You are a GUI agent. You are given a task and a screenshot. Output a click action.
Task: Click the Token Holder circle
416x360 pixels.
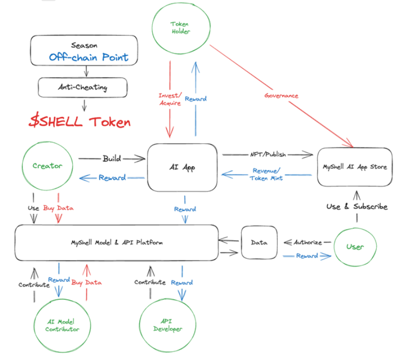coord(180,28)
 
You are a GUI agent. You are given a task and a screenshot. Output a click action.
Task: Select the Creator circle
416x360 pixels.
coord(47,166)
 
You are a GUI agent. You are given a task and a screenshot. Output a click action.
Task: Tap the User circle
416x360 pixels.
coord(355,246)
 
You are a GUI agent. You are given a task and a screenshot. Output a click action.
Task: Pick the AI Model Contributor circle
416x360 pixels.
coord(62,325)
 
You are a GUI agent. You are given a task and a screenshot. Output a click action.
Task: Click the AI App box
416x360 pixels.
coord(182,167)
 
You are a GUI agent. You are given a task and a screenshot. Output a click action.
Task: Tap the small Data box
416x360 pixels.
coord(259,242)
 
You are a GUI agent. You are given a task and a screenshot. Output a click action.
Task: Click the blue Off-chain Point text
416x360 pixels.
coord(89,57)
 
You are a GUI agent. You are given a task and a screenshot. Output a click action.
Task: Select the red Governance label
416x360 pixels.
coord(281,96)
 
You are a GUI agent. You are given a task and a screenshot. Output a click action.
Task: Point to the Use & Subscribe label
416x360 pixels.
coord(357,206)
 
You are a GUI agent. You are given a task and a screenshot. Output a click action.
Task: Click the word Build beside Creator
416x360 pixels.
coord(111,158)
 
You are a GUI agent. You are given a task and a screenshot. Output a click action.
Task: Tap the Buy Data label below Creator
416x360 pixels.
coord(58,208)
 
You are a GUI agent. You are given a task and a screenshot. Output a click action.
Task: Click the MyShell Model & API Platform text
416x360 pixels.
coord(116,242)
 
